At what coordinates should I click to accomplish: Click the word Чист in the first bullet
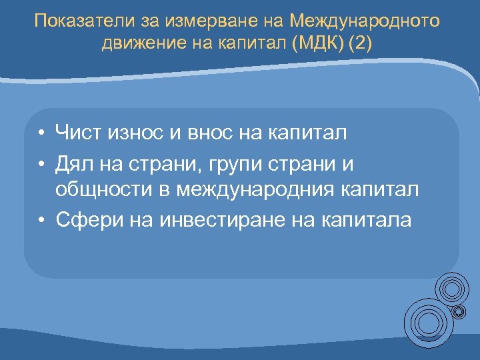coord(79,133)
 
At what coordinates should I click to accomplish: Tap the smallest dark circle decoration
coord(460,311)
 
